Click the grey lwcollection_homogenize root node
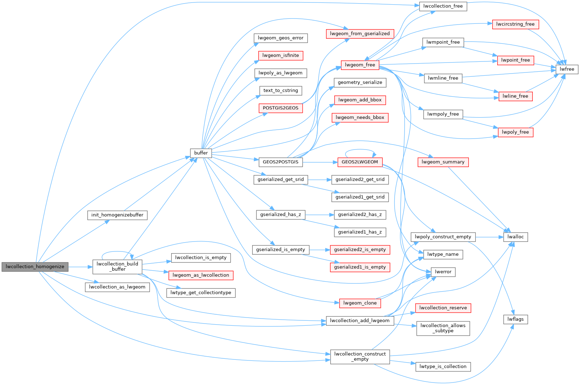pos(35,267)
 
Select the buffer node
pos(201,153)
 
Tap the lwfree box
pos(567,69)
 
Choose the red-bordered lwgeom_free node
pos(360,65)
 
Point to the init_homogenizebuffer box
pos(117,215)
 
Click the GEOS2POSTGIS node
pos(281,162)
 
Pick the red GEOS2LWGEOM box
pos(360,162)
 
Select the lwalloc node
pos(515,237)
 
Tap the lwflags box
pos(515,319)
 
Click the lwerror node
pos(443,272)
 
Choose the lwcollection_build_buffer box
pos(117,267)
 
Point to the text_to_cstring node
pos(281,91)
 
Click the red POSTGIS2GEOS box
pos(281,108)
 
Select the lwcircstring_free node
pos(515,24)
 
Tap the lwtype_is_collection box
pos(443,367)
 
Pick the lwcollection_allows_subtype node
pos(443,328)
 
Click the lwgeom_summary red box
pos(443,162)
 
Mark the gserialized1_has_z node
pos(360,232)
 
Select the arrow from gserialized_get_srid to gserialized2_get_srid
pos(319,180)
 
